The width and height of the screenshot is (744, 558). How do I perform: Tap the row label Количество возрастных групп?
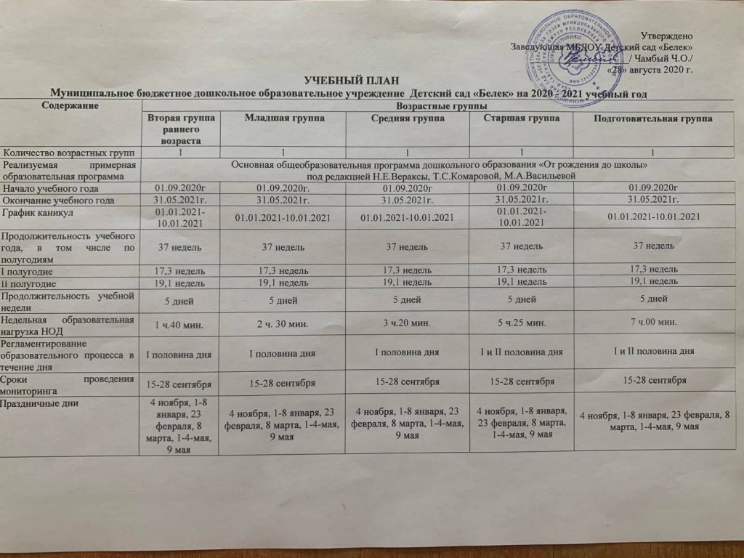tap(68, 152)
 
